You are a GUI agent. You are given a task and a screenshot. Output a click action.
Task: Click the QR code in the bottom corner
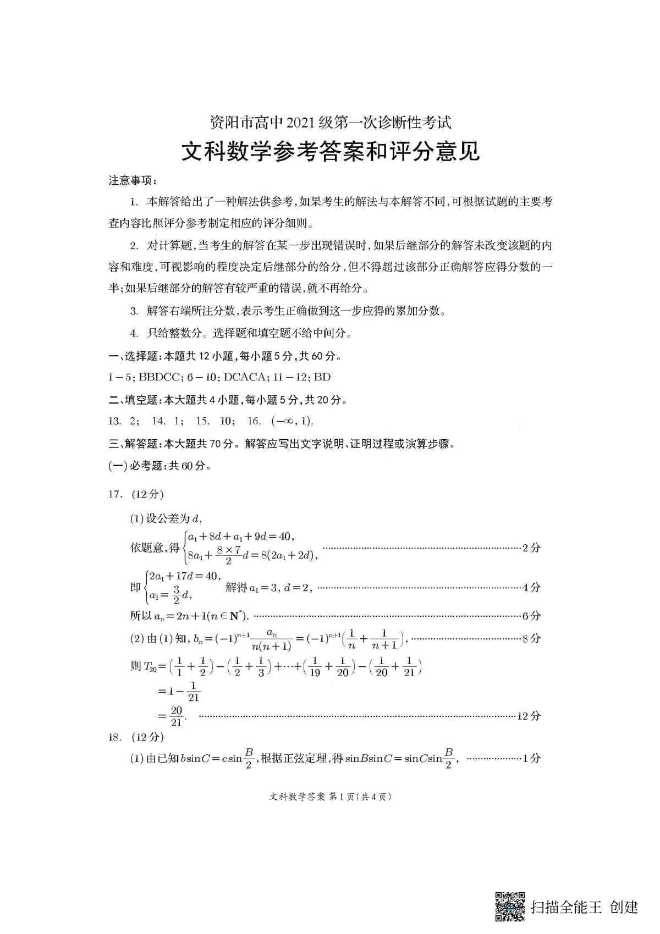[x=510, y=907]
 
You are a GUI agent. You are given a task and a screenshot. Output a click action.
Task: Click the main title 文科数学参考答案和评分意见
[x=331, y=152]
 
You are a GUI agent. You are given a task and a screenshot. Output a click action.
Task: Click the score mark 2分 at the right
[x=531, y=548]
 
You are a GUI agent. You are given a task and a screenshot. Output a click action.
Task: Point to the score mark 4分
[x=531, y=587]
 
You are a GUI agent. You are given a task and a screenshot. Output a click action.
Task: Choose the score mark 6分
[x=531, y=616]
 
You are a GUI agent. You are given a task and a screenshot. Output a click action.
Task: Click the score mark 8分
[x=531, y=638]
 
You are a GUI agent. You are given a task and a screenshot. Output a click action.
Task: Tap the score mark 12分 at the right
[x=529, y=716]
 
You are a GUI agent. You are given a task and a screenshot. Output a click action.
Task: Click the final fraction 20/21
[x=177, y=716]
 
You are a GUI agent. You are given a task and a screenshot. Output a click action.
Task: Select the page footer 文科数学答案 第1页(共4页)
[x=331, y=797]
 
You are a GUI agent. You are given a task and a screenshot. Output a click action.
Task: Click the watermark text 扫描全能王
[x=566, y=907]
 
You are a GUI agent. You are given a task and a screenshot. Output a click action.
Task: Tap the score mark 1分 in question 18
[x=531, y=758]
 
